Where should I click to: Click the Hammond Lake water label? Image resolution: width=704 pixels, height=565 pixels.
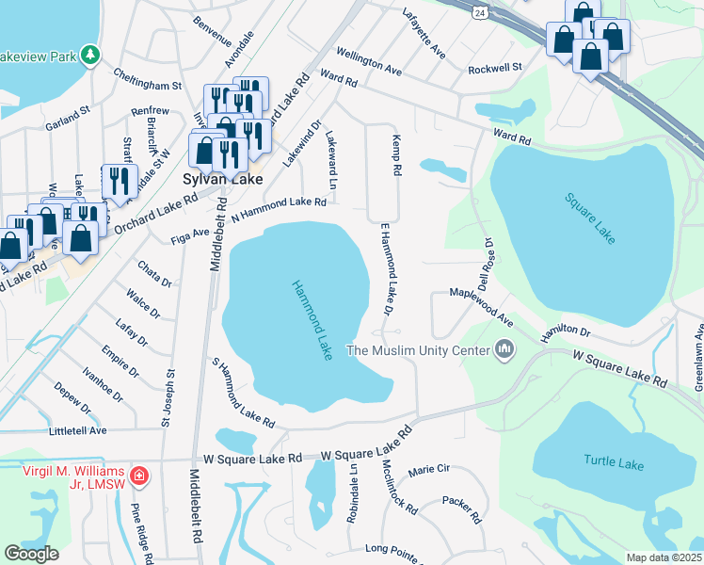[x=312, y=319]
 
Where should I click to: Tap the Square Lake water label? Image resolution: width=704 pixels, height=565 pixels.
[x=590, y=218]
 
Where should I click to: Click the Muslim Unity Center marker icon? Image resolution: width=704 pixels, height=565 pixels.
[x=505, y=350]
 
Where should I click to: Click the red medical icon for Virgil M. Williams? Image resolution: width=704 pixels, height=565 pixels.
[x=139, y=476]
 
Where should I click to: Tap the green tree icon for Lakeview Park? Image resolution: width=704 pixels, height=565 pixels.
[x=90, y=56]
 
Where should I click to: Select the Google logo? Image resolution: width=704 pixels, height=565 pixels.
[x=31, y=554]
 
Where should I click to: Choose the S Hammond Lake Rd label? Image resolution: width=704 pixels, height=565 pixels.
[x=242, y=392]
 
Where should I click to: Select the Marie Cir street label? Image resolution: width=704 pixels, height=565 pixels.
[x=429, y=469]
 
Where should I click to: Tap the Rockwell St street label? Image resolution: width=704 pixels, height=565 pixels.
[x=494, y=68]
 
